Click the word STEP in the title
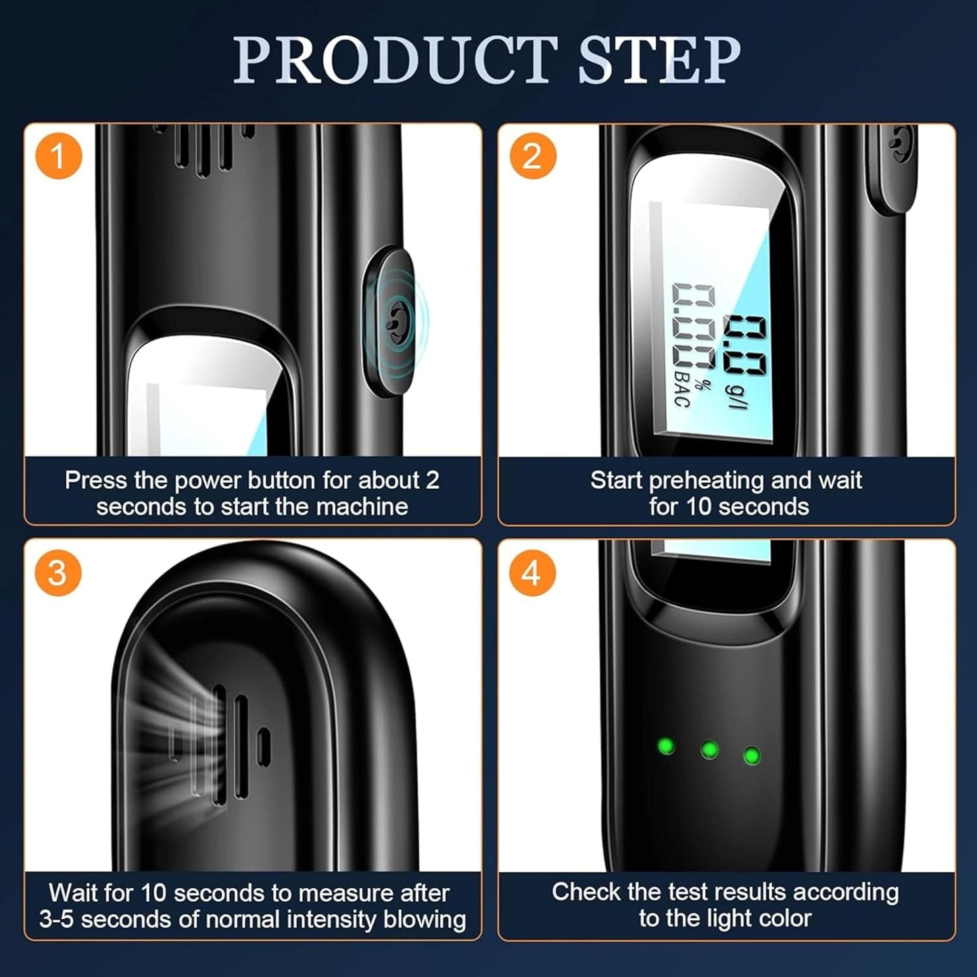point(660,59)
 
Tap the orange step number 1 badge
point(58,156)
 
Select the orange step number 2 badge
point(533,156)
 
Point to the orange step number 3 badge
point(57,573)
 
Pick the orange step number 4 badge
point(531,573)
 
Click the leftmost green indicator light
point(666,746)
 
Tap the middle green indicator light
point(709,749)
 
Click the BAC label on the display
point(682,389)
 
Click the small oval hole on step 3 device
point(263,746)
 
